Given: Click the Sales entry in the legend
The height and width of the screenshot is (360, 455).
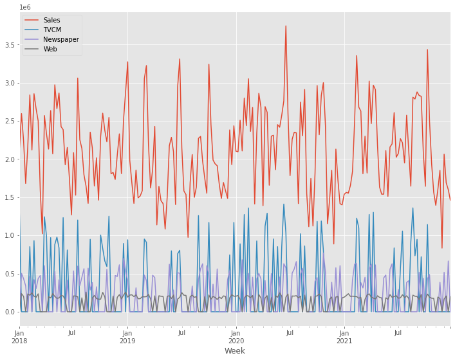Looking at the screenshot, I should (51, 20).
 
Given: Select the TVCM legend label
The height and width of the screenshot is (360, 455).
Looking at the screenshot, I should (53, 30).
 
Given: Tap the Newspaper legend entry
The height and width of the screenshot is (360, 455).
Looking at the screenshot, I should (61, 39).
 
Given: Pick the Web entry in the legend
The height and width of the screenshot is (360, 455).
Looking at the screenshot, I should (50, 49).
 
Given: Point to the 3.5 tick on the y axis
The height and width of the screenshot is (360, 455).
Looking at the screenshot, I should (10, 45).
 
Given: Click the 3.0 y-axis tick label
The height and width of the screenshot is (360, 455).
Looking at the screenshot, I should (10, 83).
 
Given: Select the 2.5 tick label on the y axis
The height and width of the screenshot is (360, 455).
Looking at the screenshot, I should (10, 122).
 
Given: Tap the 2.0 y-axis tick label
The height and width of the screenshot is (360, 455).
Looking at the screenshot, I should (10, 159).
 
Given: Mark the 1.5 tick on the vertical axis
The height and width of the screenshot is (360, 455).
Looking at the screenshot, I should (10, 197).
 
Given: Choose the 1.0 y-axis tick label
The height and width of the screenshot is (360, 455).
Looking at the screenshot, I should (10, 235).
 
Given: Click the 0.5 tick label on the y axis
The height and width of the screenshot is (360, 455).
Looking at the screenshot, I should (10, 274).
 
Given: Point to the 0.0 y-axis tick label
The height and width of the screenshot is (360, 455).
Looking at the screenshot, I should (10, 312).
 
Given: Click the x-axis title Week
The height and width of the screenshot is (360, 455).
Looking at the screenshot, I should (235, 351).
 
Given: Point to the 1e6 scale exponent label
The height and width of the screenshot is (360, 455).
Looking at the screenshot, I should (26, 6).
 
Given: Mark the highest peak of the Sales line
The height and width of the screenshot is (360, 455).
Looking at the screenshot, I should (286, 26).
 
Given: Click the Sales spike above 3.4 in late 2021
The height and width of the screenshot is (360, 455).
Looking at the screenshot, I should (427, 50).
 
